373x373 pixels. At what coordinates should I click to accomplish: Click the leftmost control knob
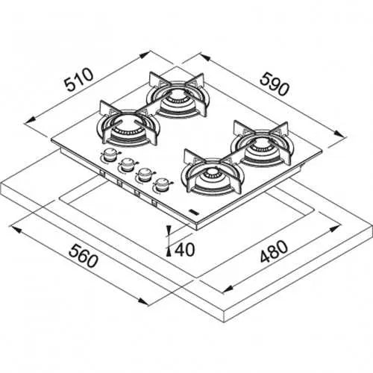click(110, 155)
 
